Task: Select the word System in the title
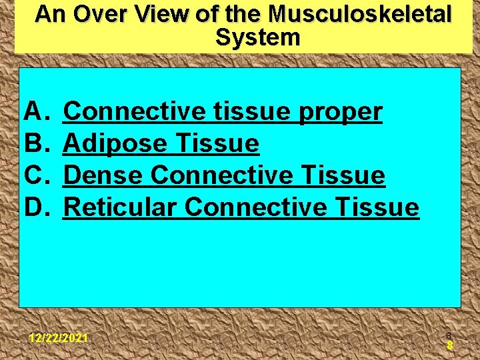257,38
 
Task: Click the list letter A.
34,112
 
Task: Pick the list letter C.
34,176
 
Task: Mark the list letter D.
34,208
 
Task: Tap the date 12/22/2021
59,338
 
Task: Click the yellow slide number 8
450,345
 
